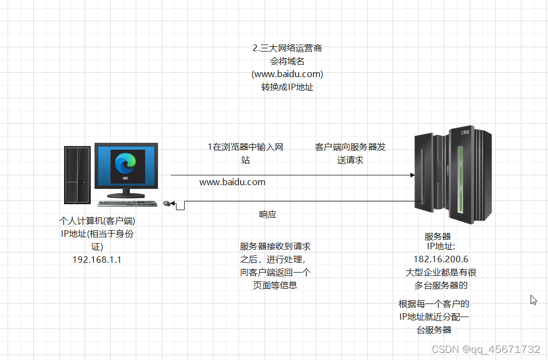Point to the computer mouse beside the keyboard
pos(167,203)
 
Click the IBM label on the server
pos(465,132)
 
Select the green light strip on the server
pos(461,179)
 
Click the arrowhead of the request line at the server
pos(412,175)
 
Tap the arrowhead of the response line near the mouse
pos(173,203)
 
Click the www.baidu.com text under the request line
pos(232,182)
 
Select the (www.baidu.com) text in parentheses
pos(287,74)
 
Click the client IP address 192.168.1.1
pos(97,260)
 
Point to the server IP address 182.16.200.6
pos(441,259)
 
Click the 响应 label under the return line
pos(268,214)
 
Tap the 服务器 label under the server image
pos(438,237)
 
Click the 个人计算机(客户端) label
pos(97,221)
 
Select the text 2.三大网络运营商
pos(287,48)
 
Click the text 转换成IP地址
pos(287,87)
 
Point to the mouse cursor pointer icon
pos(533,300)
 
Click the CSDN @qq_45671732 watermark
pos(486,349)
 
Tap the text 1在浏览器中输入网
pos(246,147)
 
